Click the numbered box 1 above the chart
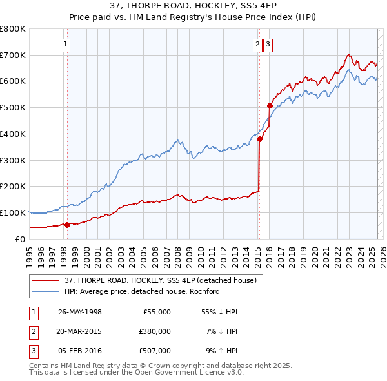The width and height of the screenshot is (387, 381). click(x=66, y=45)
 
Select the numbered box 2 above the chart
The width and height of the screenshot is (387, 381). click(x=257, y=45)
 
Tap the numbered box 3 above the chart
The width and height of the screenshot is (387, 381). click(x=268, y=45)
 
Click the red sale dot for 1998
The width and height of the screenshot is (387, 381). click(x=67, y=225)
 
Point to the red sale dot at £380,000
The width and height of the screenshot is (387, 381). click(x=259, y=139)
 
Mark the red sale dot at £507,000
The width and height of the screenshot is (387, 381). click(x=270, y=105)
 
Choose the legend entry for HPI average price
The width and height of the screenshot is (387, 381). click(x=142, y=291)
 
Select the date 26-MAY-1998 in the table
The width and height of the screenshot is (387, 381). click(x=79, y=312)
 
